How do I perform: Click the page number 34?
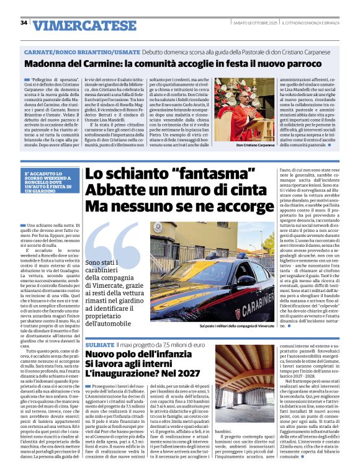click(x=24, y=22)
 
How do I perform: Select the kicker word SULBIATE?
click(x=99, y=344)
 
